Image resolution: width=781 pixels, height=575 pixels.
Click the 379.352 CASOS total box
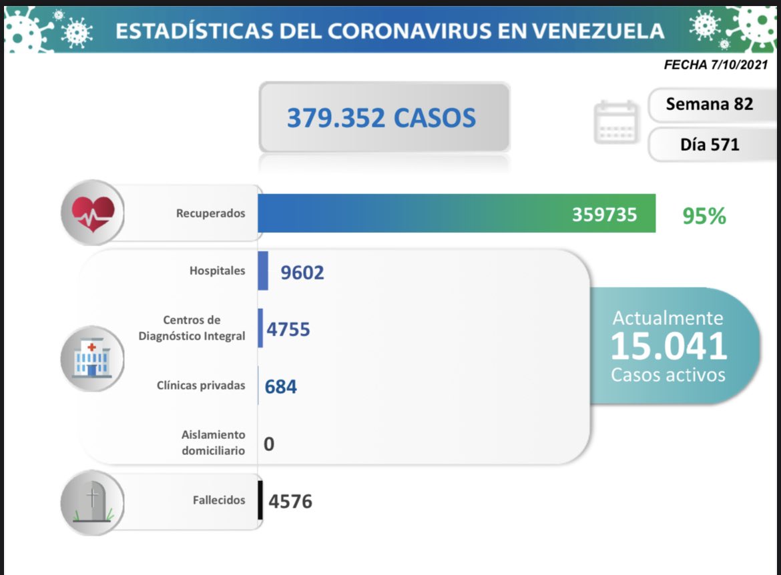(383, 117)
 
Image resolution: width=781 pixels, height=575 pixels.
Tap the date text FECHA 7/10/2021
(716, 65)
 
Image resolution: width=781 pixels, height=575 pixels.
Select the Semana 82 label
(709, 104)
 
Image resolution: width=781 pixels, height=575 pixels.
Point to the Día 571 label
(710, 144)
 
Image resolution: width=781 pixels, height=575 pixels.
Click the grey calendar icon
(615, 121)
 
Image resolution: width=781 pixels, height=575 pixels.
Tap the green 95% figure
(704, 216)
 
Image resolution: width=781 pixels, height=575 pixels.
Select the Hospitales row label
(217, 271)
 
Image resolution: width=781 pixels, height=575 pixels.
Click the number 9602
(302, 272)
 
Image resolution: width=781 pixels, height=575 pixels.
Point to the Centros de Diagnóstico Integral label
(192, 328)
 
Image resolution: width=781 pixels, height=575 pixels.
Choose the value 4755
(288, 329)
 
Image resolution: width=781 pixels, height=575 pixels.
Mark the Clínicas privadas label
(201, 386)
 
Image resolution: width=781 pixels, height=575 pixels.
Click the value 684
(280, 386)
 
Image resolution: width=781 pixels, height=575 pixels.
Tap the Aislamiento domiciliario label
(213, 442)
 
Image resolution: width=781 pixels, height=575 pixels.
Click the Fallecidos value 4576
(290, 501)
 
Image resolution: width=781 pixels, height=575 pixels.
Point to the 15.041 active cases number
(668, 346)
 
